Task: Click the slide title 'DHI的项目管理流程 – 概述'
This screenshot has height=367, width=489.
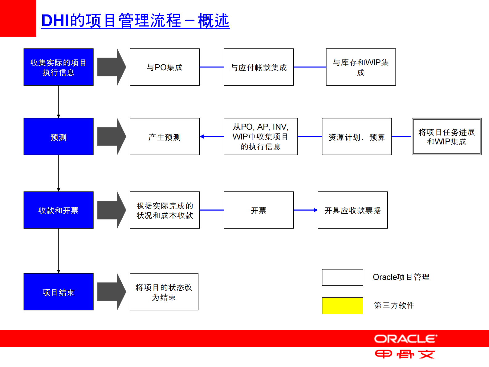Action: (136, 21)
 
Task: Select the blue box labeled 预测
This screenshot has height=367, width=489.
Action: (59, 136)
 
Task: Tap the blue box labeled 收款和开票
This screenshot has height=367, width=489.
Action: (59, 210)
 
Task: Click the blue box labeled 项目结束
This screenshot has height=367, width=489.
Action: (59, 292)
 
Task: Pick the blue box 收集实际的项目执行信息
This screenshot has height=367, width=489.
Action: (59, 67)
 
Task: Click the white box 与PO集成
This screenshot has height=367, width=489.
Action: (165, 67)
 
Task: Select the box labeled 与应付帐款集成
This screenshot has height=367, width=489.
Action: (259, 67)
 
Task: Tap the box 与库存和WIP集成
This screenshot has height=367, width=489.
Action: (361, 67)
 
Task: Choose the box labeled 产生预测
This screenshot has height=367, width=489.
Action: (165, 136)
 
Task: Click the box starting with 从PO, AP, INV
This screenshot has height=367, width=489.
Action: (261, 136)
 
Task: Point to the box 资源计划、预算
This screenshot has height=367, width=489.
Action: (357, 136)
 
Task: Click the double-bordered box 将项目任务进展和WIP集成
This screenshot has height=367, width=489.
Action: (446, 136)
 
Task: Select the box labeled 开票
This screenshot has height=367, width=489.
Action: (259, 210)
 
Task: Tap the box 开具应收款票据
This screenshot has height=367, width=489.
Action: (352, 210)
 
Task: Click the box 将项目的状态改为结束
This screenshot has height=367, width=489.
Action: (164, 292)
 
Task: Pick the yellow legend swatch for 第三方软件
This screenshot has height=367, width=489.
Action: (342, 306)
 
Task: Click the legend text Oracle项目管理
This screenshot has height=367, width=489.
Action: (401, 277)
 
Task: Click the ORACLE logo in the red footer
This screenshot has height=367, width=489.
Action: (405, 339)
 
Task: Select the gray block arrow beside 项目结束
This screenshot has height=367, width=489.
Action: (111, 292)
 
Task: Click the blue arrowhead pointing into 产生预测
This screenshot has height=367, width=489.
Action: (202, 136)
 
